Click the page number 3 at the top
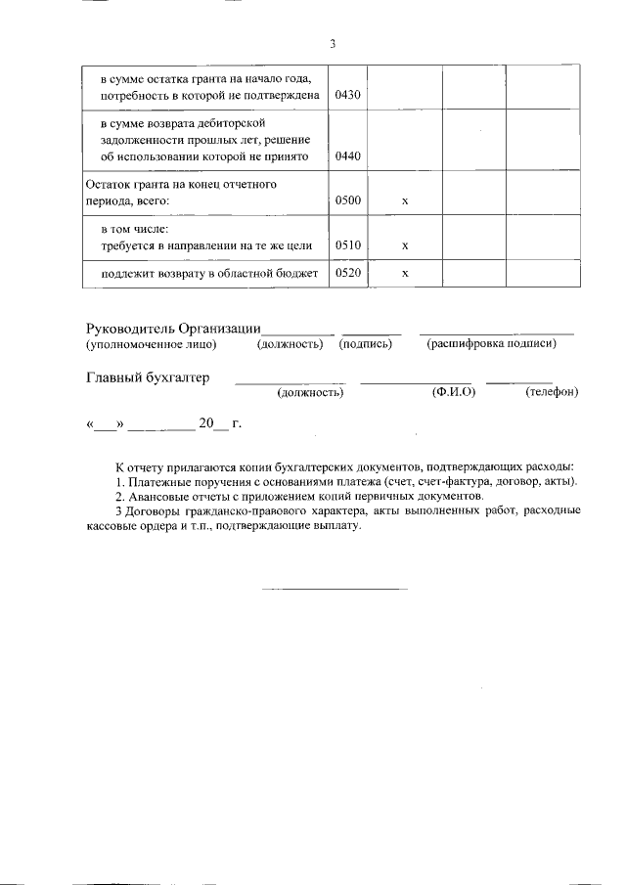click(x=333, y=44)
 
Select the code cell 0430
click(x=347, y=96)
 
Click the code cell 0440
click(x=347, y=155)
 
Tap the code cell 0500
click(x=347, y=200)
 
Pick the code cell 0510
click(x=347, y=244)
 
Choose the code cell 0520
click(x=347, y=274)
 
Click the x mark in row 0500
click(x=405, y=200)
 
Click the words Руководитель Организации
click(x=174, y=328)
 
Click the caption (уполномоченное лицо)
click(x=151, y=344)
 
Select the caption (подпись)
click(x=366, y=344)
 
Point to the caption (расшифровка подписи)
click(x=491, y=344)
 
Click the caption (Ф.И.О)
click(x=453, y=393)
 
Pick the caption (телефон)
click(x=552, y=393)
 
